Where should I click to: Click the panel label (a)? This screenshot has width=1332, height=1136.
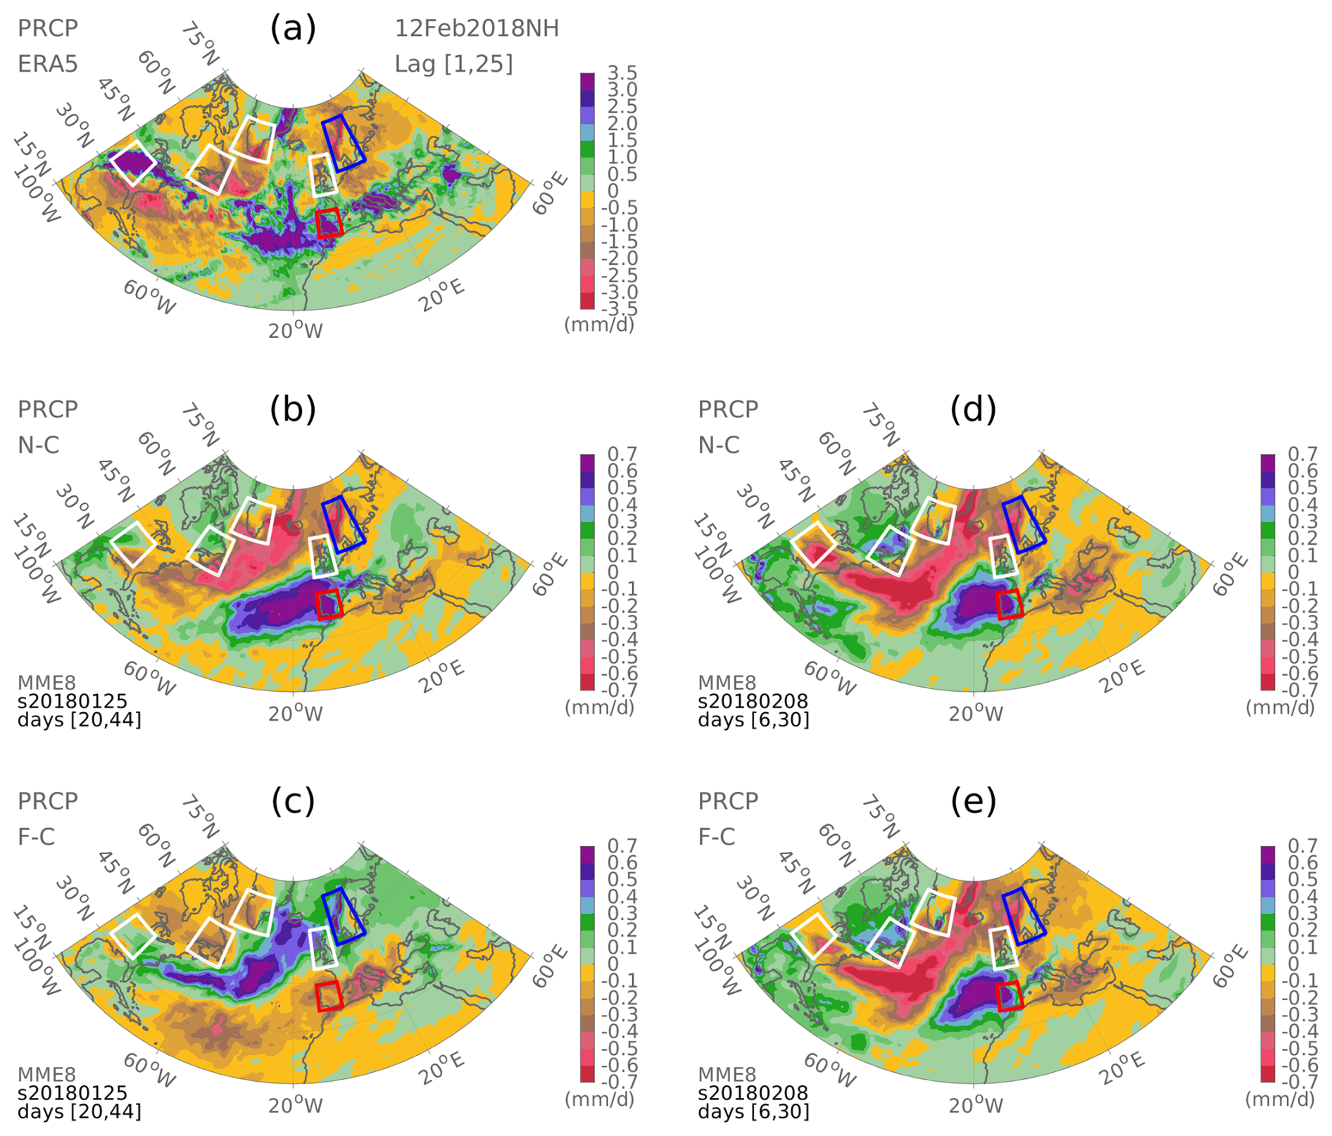(293, 29)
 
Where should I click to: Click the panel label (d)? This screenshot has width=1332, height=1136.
(973, 409)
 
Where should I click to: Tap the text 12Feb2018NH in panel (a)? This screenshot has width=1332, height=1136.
(477, 29)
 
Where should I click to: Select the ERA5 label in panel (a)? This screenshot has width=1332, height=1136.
(47, 64)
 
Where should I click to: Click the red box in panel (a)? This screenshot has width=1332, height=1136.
(329, 223)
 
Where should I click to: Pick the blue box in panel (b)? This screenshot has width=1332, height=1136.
(343, 524)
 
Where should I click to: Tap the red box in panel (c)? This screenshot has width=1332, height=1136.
(329, 996)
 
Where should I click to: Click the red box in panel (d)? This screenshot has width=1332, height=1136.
(1010, 605)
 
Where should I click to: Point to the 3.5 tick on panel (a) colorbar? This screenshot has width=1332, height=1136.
(622, 73)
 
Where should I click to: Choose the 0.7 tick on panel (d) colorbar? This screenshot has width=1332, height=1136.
(1302, 454)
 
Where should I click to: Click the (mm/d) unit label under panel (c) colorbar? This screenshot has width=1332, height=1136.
(599, 1099)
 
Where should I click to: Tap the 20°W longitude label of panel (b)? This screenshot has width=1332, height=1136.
(295, 713)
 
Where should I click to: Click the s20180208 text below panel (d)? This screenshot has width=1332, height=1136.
(753, 700)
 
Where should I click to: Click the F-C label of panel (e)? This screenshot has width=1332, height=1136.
(717, 837)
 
